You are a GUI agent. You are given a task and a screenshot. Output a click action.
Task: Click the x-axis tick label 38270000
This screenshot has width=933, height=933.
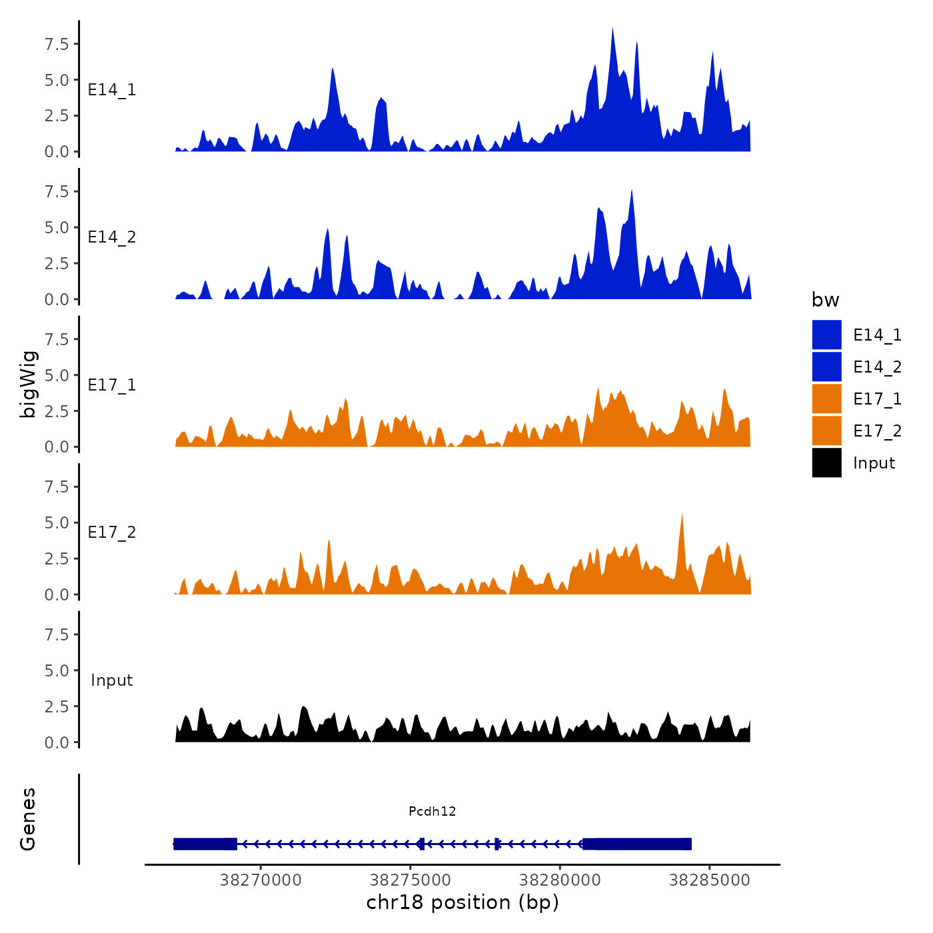coord(261,880)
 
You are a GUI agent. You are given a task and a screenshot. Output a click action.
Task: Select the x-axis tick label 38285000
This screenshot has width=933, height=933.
coord(710,880)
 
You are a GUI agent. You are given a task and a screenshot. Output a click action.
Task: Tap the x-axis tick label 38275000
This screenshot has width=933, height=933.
coord(411,880)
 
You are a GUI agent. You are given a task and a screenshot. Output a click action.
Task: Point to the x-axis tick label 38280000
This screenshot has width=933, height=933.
coord(560,880)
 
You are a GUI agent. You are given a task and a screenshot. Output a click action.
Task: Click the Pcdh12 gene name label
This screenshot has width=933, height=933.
coord(433,811)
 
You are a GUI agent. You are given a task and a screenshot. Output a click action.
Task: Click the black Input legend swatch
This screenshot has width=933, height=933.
coord(826,463)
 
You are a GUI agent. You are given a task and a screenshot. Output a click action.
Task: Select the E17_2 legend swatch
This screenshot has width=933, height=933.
coord(826,431)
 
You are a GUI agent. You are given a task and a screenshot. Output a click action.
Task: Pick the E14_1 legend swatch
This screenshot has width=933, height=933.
coord(826,335)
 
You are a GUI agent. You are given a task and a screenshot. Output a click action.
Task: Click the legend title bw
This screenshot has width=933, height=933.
coord(825,300)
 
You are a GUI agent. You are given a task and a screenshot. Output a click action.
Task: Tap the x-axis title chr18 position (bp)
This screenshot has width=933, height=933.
coord(463,902)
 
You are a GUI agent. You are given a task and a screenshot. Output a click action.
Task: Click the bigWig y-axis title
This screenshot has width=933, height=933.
coord(28,384)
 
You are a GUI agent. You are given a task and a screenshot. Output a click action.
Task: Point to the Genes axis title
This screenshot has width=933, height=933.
coord(28,819)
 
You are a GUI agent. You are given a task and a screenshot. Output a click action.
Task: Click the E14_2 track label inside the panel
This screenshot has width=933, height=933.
coord(112,237)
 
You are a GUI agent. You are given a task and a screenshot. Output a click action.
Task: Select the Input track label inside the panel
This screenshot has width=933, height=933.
coord(112,680)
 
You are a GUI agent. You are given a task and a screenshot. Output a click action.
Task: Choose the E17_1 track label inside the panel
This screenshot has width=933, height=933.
coord(112,385)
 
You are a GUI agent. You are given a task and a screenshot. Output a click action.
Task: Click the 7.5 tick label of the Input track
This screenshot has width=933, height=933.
coord(57,634)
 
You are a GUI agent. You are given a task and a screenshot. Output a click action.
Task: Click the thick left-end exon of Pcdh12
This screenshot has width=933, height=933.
coord(205,844)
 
